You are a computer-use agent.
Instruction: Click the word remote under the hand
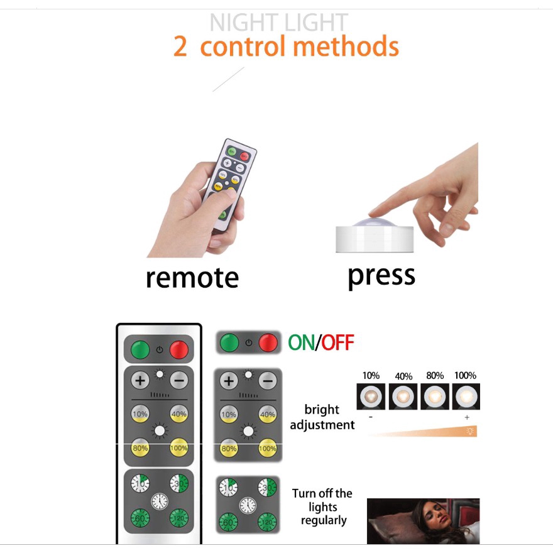coord(192,278)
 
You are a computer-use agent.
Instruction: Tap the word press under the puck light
coord(381,276)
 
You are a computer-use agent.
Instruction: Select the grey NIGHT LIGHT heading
coord(278,23)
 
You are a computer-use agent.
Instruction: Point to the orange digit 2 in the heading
coord(180,47)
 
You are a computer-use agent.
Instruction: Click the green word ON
coord(302,342)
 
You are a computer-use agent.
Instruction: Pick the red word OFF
coord(337,342)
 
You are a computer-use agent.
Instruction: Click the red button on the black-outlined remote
coord(179,349)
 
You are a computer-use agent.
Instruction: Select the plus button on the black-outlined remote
coord(140,381)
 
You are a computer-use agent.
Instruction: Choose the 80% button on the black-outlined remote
coord(140,448)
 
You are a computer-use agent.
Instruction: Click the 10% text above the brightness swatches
coord(371,376)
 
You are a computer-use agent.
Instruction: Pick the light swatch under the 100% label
coord(466,397)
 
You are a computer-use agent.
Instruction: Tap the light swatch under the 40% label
coord(403,397)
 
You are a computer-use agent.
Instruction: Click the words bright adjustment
coord(322,417)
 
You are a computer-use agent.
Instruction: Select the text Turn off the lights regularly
coord(322,506)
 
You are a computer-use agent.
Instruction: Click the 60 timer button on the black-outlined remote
coord(140,518)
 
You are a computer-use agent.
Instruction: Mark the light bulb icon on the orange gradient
coord(470,431)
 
